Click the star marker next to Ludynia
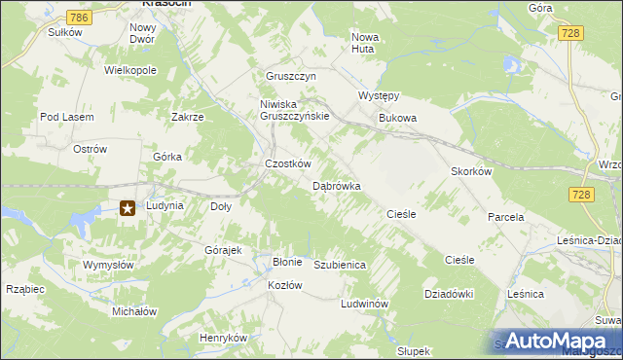128,207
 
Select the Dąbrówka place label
337,185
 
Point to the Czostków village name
288,164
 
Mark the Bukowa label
397,119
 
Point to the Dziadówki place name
448,293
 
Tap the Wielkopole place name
130,71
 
